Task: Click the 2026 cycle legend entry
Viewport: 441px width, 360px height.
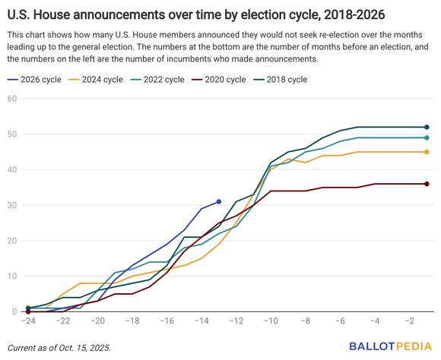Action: pos(34,80)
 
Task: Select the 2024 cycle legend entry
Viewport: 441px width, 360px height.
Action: pos(96,80)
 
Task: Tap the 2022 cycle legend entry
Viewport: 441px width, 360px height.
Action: pos(157,80)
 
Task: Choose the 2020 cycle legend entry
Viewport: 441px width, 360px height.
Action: pos(219,80)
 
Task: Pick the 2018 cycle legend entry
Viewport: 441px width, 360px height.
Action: pos(280,80)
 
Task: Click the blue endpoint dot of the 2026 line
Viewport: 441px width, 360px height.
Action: pos(219,201)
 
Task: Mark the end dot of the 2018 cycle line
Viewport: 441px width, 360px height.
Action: pos(427,127)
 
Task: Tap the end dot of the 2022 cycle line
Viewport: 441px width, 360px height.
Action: pos(427,137)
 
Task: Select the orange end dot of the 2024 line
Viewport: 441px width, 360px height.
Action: pos(427,152)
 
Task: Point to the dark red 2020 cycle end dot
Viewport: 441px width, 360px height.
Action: pos(427,184)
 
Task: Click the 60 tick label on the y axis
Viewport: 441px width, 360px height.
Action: pos(12,99)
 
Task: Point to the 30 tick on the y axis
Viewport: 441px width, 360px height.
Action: pos(12,205)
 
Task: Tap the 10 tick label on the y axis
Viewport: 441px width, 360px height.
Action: pos(12,276)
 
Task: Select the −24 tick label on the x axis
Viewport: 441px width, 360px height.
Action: pos(28,321)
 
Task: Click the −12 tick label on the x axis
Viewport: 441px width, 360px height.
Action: pos(236,321)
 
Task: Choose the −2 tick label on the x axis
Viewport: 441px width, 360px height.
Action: pos(409,321)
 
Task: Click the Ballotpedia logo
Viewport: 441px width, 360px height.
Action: pos(391,346)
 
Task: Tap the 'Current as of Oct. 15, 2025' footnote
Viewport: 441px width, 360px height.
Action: pos(59,348)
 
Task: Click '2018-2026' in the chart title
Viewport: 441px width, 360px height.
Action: pos(354,14)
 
